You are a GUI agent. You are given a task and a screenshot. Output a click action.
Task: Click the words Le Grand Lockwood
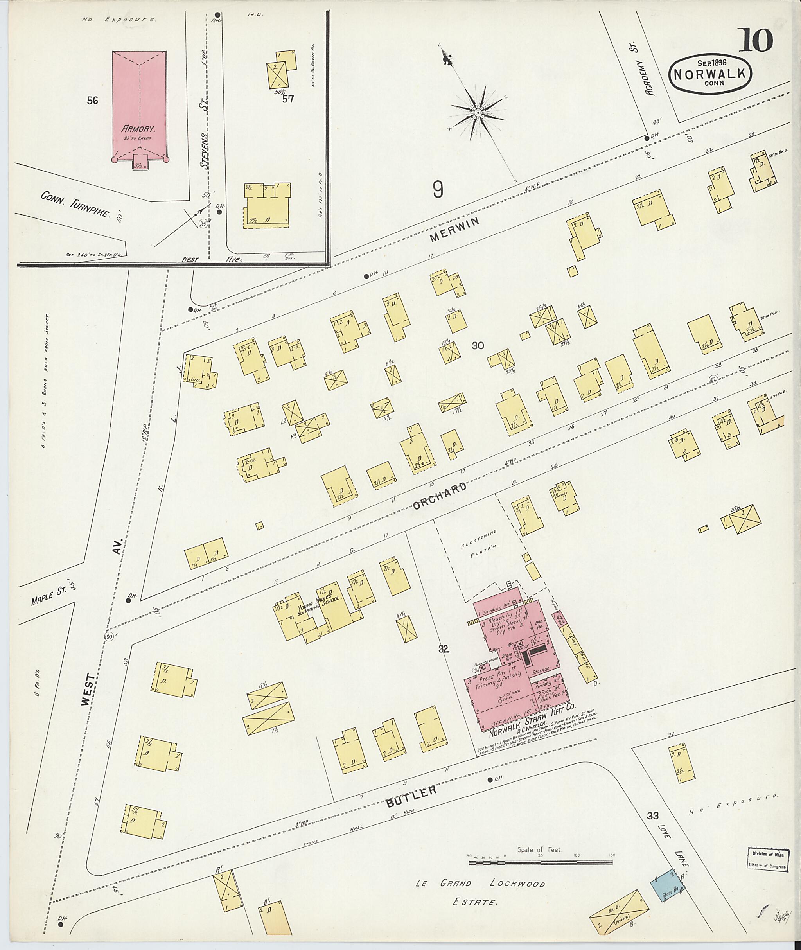tap(480, 883)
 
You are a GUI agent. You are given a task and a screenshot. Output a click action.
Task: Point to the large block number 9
tap(437, 189)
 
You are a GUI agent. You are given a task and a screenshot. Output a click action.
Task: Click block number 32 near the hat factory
tap(443, 649)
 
